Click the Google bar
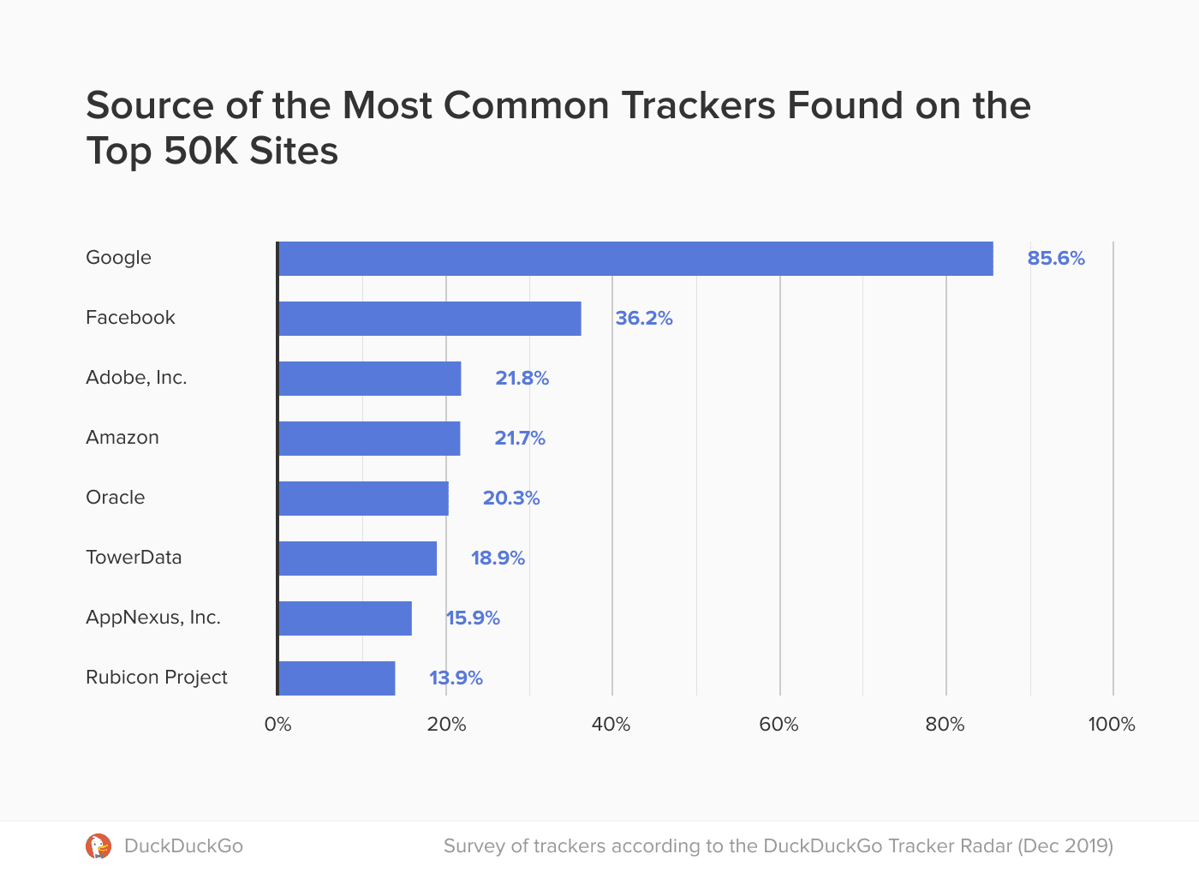tap(635, 259)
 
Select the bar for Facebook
tap(430, 319)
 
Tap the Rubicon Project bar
tap(337, 678)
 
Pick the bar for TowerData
tap(358, 558)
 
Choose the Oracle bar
tap(363, 499)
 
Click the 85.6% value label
tap(1056, 259)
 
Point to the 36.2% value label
tap(644, 319)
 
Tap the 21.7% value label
tap(520, 439)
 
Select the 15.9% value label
tap(473, 618)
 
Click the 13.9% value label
tap(456, 678)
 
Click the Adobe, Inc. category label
tap(136, 378)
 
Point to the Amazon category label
tap(122, 438)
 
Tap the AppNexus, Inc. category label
tap(153, 618)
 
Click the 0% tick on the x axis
tap(277, 725)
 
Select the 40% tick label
tap(611, 725)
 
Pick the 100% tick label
tap(1112, 725)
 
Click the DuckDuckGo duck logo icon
tap(98, 846)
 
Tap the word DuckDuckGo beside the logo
tap(183, 846)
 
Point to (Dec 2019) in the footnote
tap(1065, 846)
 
